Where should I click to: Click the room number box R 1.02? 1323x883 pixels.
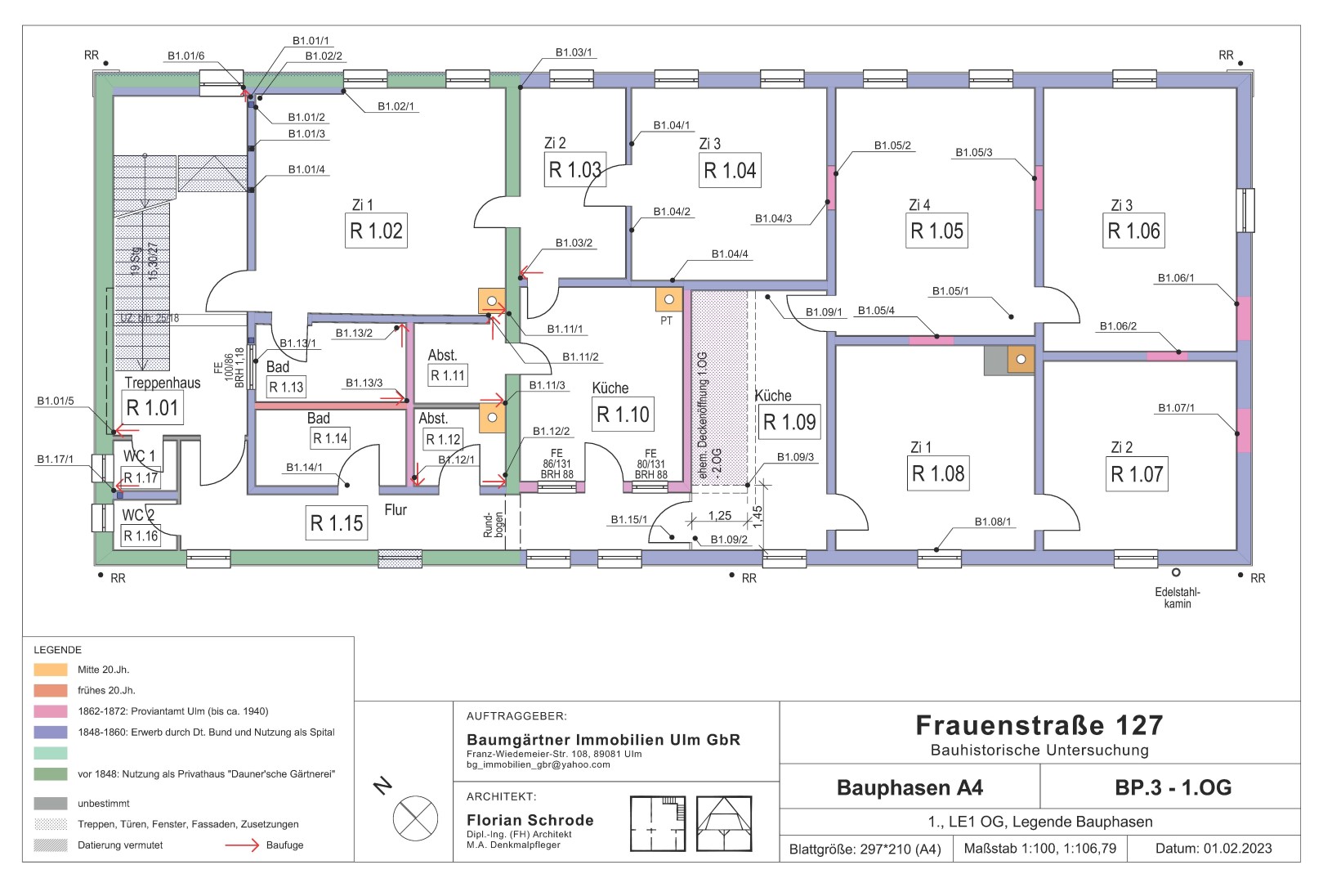(x=377, y=231)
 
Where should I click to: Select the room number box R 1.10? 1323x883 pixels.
(x=623, y=415)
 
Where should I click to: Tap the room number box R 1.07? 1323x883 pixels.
(x=1137, y=474)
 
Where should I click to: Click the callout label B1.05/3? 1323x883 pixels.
(x=973, y=153)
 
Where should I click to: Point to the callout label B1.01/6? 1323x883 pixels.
(x=185, y=56)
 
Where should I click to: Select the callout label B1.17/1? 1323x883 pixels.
(x=55, y=459)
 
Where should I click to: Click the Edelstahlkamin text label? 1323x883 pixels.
(x=1177, y=598)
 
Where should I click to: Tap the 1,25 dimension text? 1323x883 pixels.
(x=719, y=516)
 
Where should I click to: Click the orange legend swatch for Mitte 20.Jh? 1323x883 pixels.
(x=51, y=670)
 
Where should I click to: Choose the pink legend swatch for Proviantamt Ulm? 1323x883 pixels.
(x=51, y=711)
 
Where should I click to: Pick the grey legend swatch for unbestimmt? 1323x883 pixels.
(x=51, y=804)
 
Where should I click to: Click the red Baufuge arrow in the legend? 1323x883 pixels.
(x=242, y=845)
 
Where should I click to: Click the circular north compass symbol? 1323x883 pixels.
(x=416, y=817)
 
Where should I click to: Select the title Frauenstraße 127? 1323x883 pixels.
(x=1039, y=725)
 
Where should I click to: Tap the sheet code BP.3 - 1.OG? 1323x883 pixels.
(x=1173, y=788)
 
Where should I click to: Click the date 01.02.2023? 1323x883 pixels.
(x=1237, y=849)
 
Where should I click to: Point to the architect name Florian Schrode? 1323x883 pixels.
(x=530, y=820)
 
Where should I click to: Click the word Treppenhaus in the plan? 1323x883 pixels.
(x=162, y=383)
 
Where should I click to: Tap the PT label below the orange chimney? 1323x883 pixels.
(x=666, y=320)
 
